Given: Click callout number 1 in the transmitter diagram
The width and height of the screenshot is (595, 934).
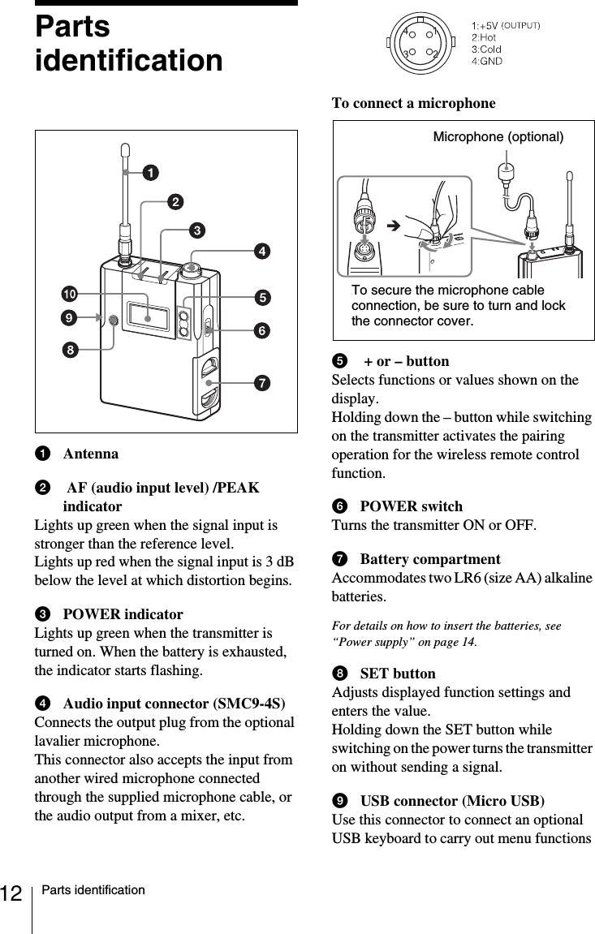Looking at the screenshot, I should (x=151, y=173).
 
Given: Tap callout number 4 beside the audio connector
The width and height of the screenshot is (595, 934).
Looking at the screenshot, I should (x=262, y=252).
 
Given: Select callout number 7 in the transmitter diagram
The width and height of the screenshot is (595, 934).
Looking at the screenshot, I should (x=262, y=381).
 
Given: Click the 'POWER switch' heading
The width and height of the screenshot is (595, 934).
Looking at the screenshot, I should (x=411, y=506).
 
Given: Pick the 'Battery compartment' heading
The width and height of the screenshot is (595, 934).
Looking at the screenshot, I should (x=429, y=559).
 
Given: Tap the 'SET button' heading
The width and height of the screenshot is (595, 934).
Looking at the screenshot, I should (x=397, y=674).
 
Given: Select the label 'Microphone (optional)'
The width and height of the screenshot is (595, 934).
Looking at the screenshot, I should (x=498, y=136).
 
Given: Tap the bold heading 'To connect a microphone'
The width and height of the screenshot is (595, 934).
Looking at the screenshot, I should (x=413, y=103).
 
